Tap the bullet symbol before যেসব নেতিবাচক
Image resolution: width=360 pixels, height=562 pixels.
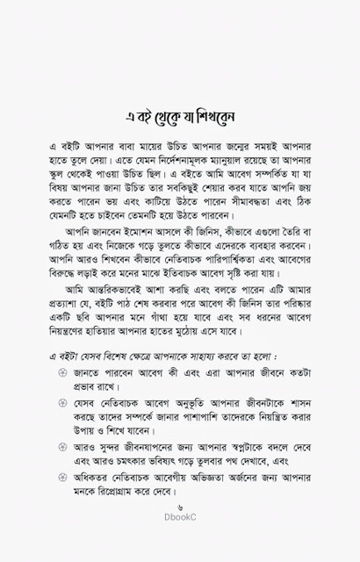(61, 429)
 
